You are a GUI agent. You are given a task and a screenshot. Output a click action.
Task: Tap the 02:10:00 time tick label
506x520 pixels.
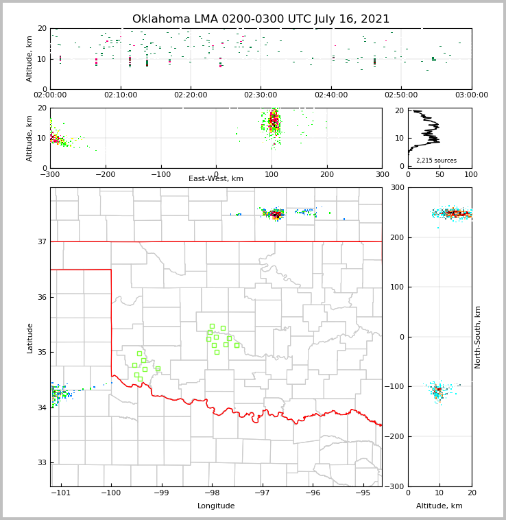click(x=120, y=95)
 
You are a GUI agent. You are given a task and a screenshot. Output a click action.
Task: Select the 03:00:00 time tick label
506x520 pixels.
click(x=472, y=95)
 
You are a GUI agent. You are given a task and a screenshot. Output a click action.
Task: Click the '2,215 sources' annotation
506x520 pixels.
click(x=436, y=161)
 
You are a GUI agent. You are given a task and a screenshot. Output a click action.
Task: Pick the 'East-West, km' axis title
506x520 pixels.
click(x=216, y=179)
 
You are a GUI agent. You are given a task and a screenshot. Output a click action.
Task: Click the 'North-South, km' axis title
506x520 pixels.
click(x=478, y=337)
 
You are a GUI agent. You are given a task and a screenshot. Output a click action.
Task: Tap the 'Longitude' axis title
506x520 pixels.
click(x=216, y=506)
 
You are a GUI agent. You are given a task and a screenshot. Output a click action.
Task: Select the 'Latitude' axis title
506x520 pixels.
click(x=29, y=338)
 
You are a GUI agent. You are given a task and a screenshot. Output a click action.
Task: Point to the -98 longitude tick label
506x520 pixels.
click(x=212, y=493)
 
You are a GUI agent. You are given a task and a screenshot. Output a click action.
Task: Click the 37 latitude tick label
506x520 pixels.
click(x=41, y=241)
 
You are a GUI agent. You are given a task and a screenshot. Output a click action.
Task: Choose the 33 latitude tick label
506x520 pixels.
click(x=41, y=462)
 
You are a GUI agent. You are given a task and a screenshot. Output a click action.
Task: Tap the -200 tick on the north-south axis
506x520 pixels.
click(x=396, y=436)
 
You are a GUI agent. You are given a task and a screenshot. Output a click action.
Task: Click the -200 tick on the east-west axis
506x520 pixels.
click(x=105, y=174)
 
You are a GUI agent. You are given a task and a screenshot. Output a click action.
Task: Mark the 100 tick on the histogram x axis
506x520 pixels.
click(x=471, y=174)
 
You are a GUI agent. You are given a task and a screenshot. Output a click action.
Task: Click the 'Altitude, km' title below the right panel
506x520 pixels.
click(x=439, y=506)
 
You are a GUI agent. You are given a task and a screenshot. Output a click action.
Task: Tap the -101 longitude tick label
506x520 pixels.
click(x=61, y=493)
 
